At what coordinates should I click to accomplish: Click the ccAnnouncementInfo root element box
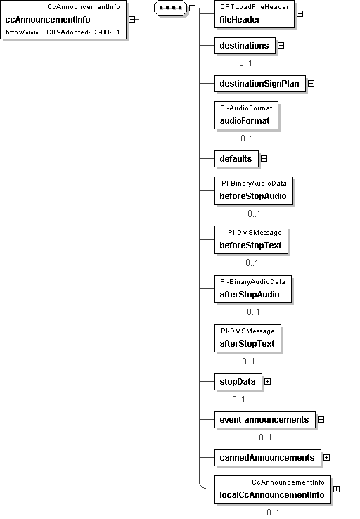tap(63, 20)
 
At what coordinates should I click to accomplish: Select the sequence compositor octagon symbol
tap(170, 8)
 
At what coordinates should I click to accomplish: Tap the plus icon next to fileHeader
tap(300, 13)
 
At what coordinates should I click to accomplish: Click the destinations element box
tap(245, 46)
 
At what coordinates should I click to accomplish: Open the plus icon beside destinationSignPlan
tap(311, 84)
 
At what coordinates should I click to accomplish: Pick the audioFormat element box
tap(247, 115)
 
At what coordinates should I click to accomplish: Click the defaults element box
tap(236, 159)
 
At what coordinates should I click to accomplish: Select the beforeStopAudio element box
tap(254, 191)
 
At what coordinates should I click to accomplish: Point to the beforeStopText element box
tap(252, 240)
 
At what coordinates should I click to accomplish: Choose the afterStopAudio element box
tap(253, 289)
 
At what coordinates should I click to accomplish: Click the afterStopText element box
tap(247, 338)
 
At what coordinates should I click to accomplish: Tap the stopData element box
tap(238, 382)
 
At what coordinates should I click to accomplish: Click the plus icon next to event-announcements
tap(321, 420)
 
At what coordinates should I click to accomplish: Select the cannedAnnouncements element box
tap(268, 458)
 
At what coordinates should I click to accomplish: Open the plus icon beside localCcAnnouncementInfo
tap(336, 489)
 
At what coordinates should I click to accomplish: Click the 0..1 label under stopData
tap(238, 399)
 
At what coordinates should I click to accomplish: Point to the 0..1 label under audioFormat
tap(247, 139)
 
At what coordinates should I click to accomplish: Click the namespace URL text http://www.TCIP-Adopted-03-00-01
tap(63, 32)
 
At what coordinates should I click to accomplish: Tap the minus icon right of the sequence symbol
tap(192, 8)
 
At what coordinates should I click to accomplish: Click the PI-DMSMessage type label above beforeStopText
tap(255, 233)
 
